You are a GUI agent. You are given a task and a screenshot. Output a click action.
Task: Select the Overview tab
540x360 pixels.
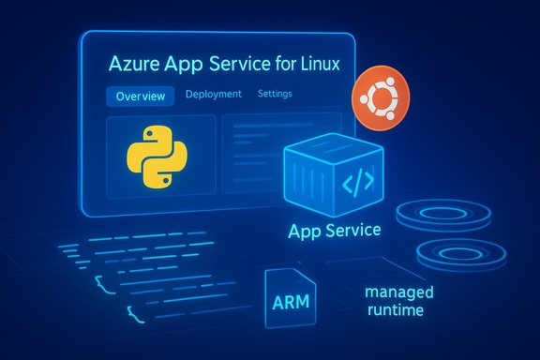141,97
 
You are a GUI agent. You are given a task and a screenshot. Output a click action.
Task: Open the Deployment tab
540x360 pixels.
214,95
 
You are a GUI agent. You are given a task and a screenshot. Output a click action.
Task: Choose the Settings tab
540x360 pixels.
274,95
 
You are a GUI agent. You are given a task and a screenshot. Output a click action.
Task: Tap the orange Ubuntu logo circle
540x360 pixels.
378,102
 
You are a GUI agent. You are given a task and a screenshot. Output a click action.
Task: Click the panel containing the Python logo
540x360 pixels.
157,157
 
